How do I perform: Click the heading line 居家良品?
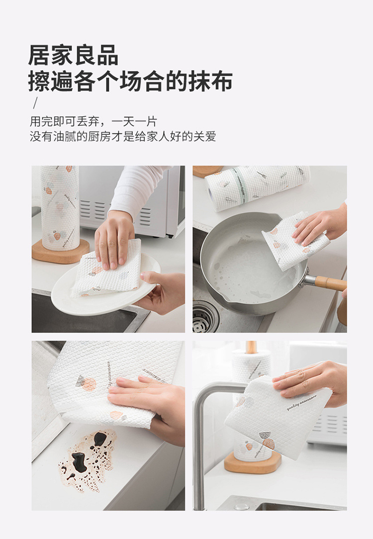point(73,55)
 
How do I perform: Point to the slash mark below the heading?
point(35,103)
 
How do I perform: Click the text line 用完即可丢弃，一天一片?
point(93,121)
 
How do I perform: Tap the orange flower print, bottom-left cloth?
point(88,384)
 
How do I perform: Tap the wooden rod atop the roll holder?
point(252,347)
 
